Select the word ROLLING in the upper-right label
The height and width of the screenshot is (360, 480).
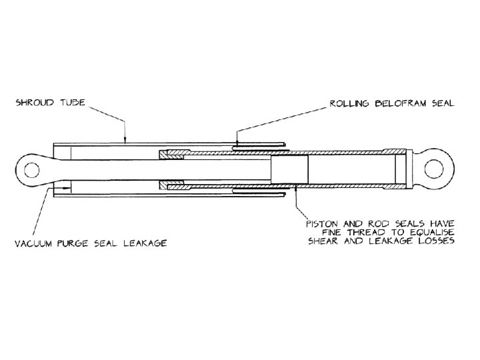[348, 104]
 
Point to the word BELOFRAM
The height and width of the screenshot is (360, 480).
[396, 104]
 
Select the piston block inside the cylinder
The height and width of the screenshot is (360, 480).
[289, 171]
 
